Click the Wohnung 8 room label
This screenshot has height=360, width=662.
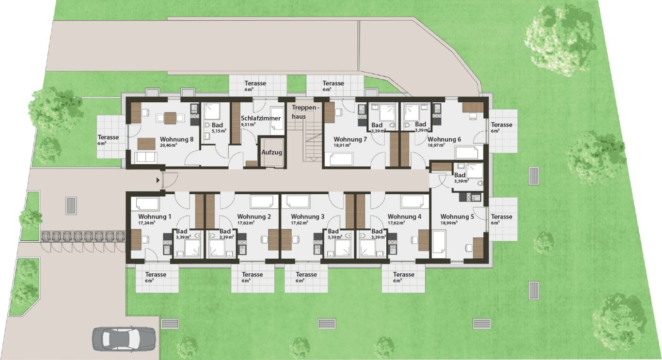pos(177,139)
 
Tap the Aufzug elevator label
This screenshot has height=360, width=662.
pos(271,153)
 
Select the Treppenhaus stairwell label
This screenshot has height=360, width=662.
pos(306,112)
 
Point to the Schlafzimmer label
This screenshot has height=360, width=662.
pos(261,118)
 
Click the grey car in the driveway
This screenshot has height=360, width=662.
pos(124,339)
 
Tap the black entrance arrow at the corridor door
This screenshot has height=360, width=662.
pos(158,180)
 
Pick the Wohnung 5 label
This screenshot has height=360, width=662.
pos(457,217)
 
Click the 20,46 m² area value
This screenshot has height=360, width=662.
pos(169,145)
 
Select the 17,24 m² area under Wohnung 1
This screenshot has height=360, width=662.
pos(146,223)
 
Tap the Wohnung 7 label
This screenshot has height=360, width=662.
pos(350,139)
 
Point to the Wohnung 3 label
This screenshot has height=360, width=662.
pos(308,217)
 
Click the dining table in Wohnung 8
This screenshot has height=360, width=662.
pos(170,118)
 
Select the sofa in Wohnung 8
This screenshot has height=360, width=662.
pos(145,157)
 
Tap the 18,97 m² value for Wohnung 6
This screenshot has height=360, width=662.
pos(437,145)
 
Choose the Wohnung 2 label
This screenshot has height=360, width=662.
pos(254,217)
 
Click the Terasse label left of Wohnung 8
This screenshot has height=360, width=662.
pos(108,137)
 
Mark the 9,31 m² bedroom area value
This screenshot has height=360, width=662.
pos(248,125)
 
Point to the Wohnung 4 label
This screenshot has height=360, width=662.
pos(404,217)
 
